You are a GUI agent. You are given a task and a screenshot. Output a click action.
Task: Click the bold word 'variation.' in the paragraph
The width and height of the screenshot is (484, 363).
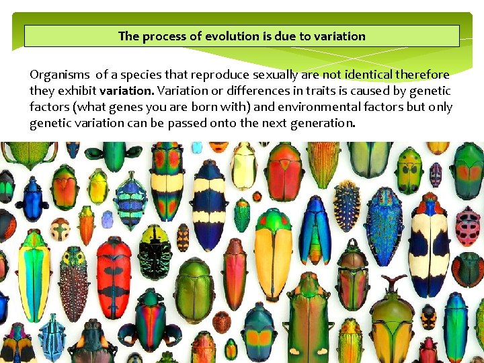pyautogui.click(x=127, y=91)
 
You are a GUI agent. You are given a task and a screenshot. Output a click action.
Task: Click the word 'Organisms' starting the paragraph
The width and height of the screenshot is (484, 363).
pyautogui.click(x=60, y=75)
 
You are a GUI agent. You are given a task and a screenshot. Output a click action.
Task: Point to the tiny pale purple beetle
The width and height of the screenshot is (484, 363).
pyautogui.click(x=107, y=219)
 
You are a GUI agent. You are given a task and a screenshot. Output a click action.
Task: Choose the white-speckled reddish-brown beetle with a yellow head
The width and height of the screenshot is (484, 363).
pyautogui.click(x=73, y=282)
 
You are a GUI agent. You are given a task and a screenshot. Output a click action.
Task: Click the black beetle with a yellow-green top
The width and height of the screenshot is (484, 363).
pyautogui.click(x=155, y=251)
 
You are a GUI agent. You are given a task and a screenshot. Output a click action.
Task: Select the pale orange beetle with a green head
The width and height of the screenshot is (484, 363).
pyautogui.click(x=273, y=253)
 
